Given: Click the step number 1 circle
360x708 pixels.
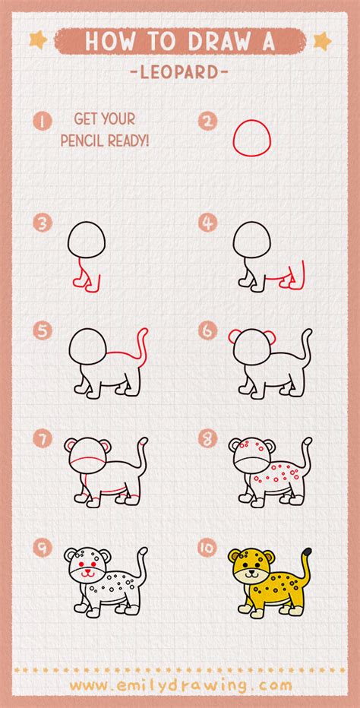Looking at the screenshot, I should pos(42,120).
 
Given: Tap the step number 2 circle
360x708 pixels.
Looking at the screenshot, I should pos(207,120).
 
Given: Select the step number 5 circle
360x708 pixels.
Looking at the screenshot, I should pos(42,331).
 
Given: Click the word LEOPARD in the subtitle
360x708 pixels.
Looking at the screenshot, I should pos(180,73).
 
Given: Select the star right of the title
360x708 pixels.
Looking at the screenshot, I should pos(322,40).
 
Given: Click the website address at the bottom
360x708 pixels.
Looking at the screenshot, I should pos(180,685).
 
